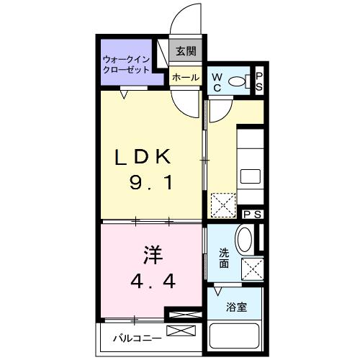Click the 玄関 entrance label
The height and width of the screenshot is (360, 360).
[x=186, y=51]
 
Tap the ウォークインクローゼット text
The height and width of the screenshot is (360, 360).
[x=126, y=65]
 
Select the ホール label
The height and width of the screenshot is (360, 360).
[x=186, y=77]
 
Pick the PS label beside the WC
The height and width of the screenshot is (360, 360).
[x=260, y=81]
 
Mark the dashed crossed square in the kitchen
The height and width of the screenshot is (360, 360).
[x=223, y=204]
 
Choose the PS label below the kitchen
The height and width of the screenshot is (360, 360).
[x=252, y=214]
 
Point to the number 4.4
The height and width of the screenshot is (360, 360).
[x=152, y=280]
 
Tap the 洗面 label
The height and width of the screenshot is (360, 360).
[x=224, y=258]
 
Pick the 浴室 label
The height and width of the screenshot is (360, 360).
[x=236, y=307]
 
